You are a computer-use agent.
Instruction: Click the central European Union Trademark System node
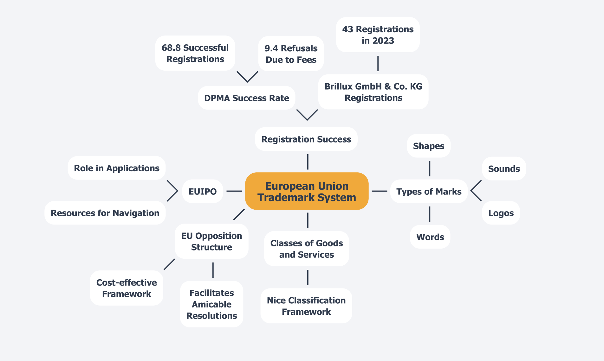pos(307,191)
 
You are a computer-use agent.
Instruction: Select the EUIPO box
pos(203,192)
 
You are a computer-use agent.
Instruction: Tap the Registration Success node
pos(306,139)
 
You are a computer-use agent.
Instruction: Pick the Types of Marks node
pos(429,192)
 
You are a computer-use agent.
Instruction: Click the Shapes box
pos(428,146)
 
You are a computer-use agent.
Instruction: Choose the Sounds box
pos(504,169)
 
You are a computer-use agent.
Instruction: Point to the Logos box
pos(501,213)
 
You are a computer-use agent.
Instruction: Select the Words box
pos(430,237)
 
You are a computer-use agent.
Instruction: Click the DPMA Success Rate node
pos(246,98)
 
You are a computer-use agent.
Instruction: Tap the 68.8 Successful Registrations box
pos(195,53)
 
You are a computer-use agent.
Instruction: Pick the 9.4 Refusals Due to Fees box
pos(291,54)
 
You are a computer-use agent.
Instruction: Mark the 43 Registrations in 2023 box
pos(378,35)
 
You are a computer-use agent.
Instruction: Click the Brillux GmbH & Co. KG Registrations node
pos(373,92)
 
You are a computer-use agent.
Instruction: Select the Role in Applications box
pos(117,168)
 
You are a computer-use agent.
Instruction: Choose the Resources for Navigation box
pos(105,213)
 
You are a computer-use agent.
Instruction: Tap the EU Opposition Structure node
pos(211,241)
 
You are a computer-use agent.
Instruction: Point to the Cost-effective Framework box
pos(127,288)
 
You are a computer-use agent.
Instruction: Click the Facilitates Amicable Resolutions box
pos(211,304)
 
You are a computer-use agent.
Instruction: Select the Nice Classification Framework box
pos(306,306)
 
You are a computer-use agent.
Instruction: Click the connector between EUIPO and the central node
pos(234,191)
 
